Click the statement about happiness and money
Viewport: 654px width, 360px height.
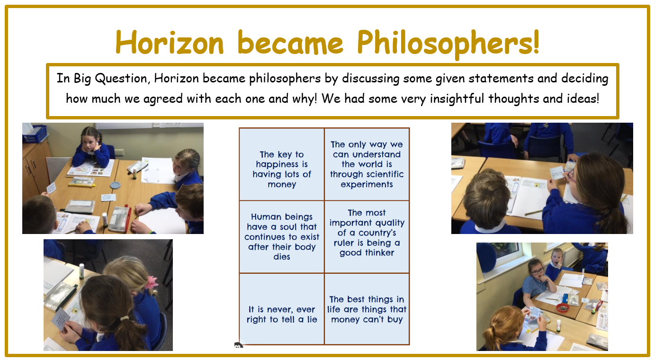282,170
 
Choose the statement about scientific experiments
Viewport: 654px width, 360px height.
367,164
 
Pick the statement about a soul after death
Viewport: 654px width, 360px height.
282,237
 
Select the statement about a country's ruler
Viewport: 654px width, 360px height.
367,233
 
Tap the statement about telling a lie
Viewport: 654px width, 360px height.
282,315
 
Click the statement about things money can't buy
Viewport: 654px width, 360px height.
367,309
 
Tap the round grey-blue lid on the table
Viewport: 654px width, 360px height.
116,185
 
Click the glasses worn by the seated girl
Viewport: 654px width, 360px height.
537,271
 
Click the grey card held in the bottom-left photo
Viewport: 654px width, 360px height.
61,320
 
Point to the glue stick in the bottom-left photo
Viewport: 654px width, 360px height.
82,270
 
